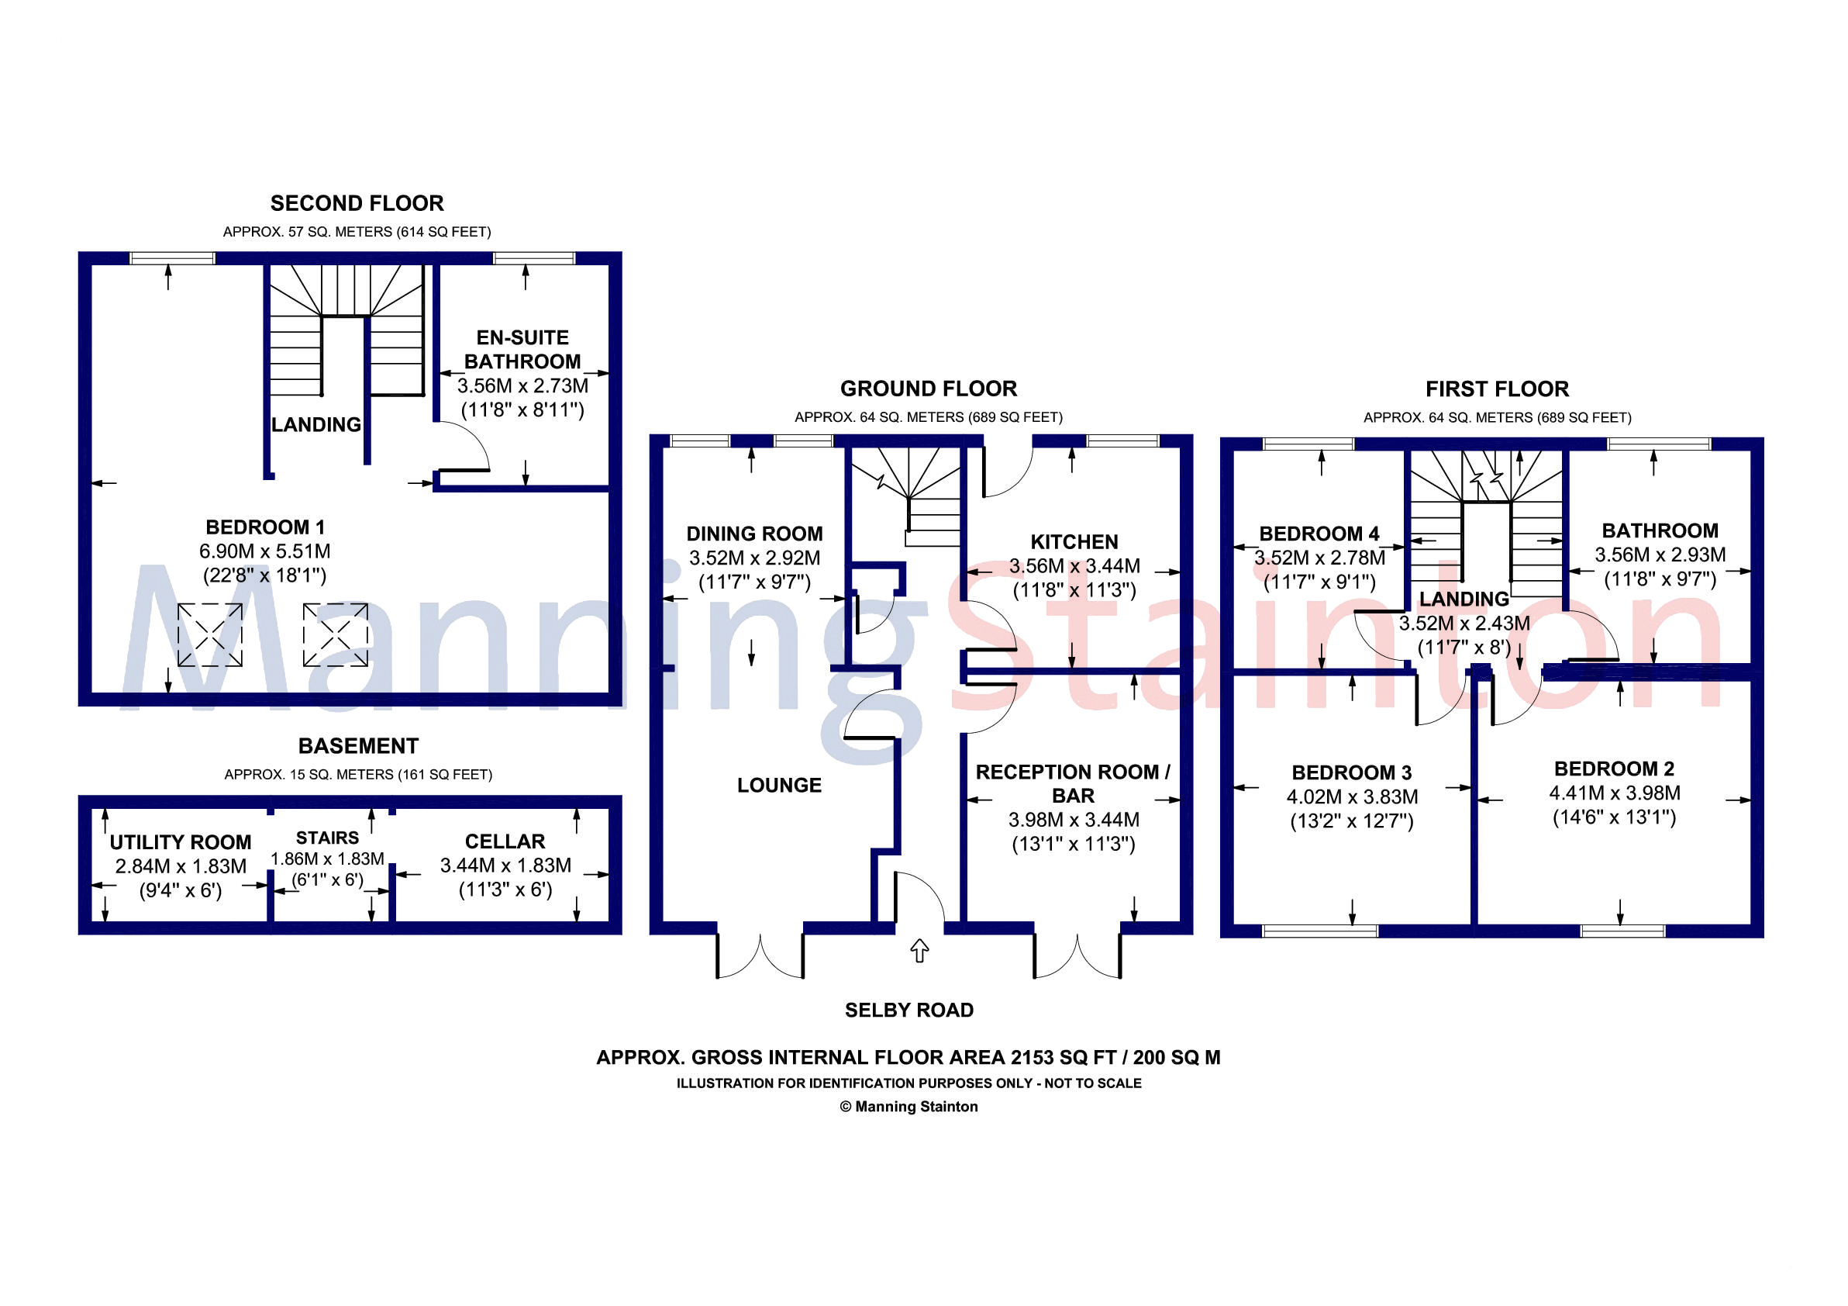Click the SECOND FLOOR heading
click(x=357, y=203)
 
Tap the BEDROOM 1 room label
click(x=265, y=527)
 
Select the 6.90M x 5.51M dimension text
click(x=265, y=551)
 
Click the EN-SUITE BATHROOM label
click(x=522, y=350)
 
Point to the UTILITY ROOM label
click(x=181, y=842)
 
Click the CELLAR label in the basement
click(x=505, y=841)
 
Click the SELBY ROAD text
click(x=908, y=1011)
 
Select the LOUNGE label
click(x=779, y=785)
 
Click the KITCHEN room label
click(x=1074, y=542)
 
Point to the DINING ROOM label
click(x=754, y=534)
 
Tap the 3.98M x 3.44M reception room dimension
click(x=1074, y=820)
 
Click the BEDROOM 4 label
click(x=1319, y=534)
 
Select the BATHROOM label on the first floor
click(x=1660, y=530)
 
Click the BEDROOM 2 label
click(x=1614, y=769)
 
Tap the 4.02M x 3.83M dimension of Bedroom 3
click(x=1352, y=797)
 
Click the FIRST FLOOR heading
click(x=1497, y=389)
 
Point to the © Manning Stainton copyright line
click(x=908, y=1107)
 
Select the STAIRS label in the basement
click(x=327, y=838)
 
